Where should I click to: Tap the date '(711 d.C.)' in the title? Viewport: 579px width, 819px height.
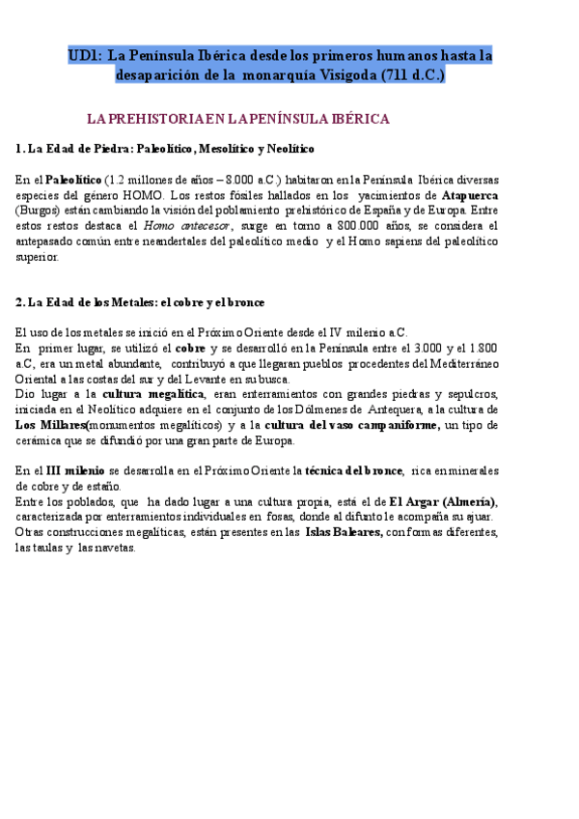[x=413, y=75]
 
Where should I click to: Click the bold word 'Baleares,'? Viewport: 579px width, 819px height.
[x=357, y=533]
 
